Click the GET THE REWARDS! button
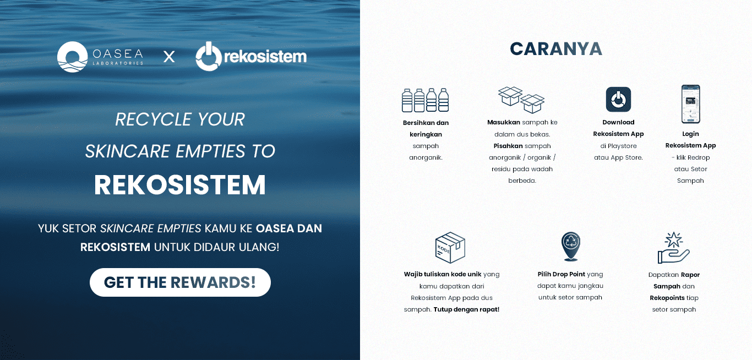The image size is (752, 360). tap(180, 282)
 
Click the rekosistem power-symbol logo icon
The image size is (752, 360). tap(209, 57)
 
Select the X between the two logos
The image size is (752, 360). tap(169, 57)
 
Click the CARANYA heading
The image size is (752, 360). tap(556, 49)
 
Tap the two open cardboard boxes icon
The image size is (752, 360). tap(521, 99)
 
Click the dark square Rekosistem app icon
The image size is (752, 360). tap(618, 100)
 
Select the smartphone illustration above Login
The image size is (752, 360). tap(690, 104)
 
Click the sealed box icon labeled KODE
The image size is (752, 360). tap(450, 247)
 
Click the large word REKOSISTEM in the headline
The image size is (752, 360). tap(180, 185)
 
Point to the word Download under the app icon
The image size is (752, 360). tap(618, 122)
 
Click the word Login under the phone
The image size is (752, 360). tap(690, 134)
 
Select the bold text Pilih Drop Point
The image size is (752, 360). tap(561, 274)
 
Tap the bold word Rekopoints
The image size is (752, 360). tap(667, 298)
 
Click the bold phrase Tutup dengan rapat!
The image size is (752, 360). tap(466, 309)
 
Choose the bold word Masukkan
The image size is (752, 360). tap(504, 122)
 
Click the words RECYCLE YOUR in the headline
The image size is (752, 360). tap(180, 119)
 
